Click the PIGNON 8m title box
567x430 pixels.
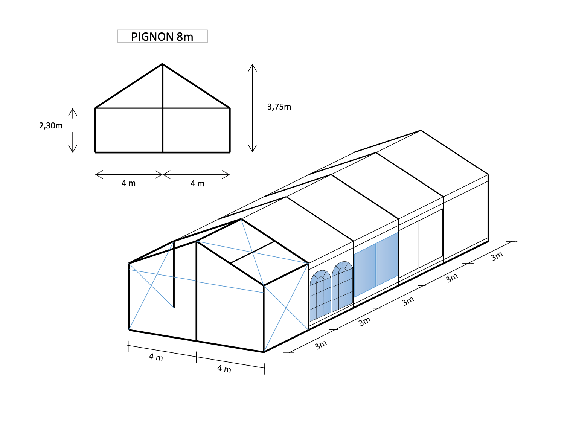(162, 36)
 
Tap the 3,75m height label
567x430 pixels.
(279, 107)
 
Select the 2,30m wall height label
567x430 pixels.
(50, 125)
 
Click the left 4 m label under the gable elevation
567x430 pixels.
(128, 183)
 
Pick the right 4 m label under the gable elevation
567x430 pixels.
(197, 183)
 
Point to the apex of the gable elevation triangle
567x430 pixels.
(162, 64)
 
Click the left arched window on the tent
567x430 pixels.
(320, 295)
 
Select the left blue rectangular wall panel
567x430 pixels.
(365, 270)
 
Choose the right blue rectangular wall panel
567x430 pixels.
(387, 259)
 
